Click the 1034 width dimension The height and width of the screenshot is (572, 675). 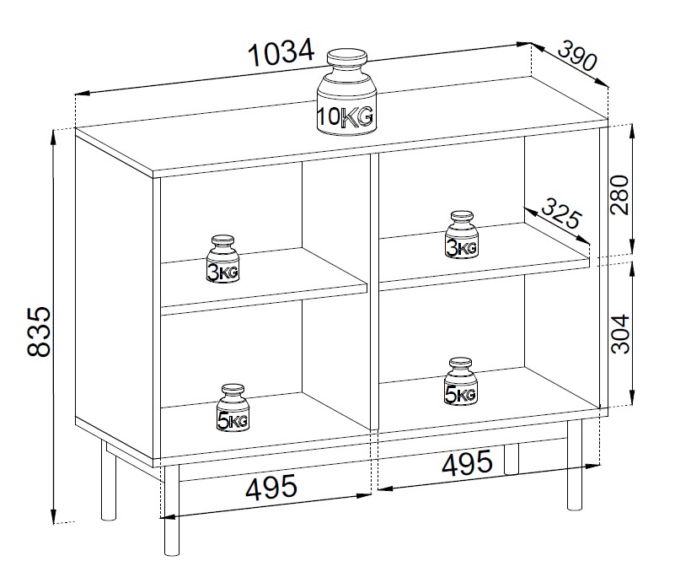click(281, 52)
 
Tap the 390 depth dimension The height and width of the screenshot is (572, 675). click(578, 56)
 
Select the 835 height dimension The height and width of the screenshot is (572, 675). click(40, 332)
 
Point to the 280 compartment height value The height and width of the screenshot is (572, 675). click(620, 195)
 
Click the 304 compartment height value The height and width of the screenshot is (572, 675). click(620, 334)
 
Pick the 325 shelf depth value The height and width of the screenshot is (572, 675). click(561, 213)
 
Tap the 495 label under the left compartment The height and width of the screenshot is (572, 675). click(271, 488)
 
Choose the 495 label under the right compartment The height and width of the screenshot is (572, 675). click(467, 462)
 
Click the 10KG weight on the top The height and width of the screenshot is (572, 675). click(346, 92)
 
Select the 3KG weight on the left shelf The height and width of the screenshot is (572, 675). click(222, 259)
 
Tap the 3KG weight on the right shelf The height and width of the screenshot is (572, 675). click(462, 235)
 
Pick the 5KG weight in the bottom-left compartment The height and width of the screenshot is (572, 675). click(233, 407)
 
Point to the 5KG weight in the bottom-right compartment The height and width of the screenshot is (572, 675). click(460, 381)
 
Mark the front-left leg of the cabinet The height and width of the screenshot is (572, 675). click(171, 510)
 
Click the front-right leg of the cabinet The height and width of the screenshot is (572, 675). click(574, 466)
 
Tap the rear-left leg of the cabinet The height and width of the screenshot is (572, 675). click(109, 480)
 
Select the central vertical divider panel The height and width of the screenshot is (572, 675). click(374, 292)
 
